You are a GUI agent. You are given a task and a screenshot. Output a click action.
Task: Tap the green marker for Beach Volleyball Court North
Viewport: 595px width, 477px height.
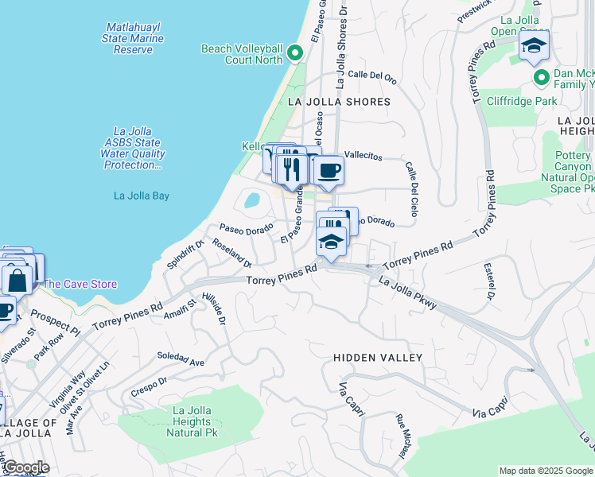(x=295, y=54)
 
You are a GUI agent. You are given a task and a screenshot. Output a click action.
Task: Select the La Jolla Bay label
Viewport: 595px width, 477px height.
(x=142, y=196)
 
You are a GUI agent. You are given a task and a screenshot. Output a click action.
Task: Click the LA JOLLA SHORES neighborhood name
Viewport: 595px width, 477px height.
(x=340, y=102)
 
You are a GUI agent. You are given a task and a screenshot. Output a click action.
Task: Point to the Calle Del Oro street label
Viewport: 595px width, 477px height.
(x=372, y=76)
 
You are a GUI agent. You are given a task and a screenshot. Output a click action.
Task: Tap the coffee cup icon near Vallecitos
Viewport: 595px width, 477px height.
(x=327, y=169)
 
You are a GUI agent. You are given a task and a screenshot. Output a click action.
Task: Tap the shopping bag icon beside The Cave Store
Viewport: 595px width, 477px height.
(x=17, y=280)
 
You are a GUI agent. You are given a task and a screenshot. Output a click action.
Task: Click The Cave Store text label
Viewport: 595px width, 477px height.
(x=80, y=284)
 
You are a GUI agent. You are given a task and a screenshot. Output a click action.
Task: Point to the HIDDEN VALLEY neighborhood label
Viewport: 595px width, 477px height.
(x=378, y=358)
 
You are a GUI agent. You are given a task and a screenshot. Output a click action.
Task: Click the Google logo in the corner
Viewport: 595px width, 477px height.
(x=25, y=467)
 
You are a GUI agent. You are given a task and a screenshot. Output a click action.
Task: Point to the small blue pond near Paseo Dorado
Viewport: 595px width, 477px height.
(x=252, y=200)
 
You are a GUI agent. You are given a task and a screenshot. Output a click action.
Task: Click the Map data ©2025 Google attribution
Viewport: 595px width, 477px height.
(x=546, y=471)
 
